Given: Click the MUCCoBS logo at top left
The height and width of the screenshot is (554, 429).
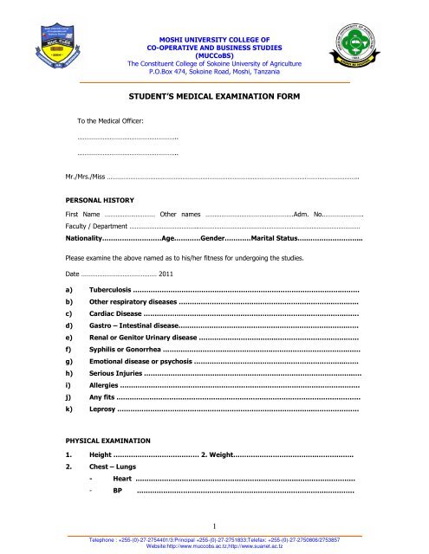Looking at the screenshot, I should coord(35,44).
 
